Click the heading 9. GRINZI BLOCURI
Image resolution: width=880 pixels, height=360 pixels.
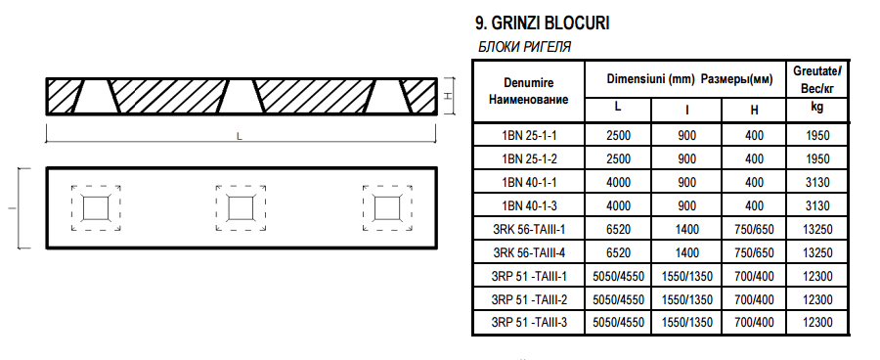coord(542,23)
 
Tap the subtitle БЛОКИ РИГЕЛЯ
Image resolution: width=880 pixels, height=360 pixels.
coord(524,47)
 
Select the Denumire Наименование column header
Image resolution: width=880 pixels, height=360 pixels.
coord(528,91)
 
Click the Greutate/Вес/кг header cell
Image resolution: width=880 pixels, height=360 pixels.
coord(817,79)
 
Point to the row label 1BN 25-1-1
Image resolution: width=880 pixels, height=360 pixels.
coord(529,135)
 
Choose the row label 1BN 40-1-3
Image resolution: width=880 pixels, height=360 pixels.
coord(529,205)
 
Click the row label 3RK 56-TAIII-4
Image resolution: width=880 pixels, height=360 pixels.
coord(529,252)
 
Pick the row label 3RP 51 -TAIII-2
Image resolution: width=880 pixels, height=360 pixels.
coord(529,299)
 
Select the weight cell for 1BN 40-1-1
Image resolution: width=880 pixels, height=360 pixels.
coord(817,183)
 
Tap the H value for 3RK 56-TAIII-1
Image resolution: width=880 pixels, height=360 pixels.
coord(754,229)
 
